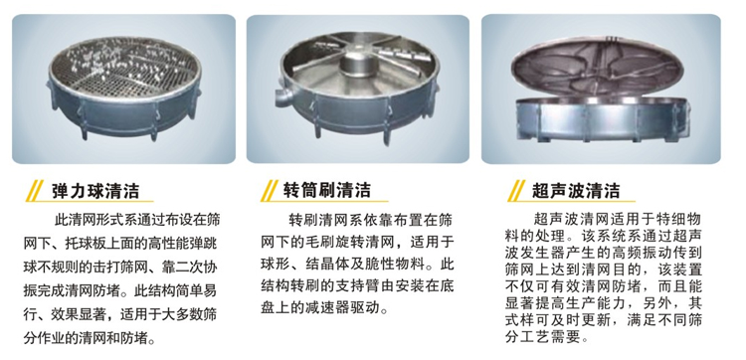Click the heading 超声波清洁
pos(570,191)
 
